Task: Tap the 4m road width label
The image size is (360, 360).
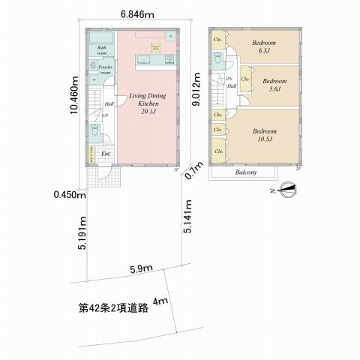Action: [160, 302]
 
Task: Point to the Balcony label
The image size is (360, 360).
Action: [246, 173]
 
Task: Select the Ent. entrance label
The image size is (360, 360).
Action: [105, 155]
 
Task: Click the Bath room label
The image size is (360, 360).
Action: [103, 52]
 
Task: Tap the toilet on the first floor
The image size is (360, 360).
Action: [94, 131]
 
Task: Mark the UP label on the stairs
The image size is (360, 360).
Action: [105, 115]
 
